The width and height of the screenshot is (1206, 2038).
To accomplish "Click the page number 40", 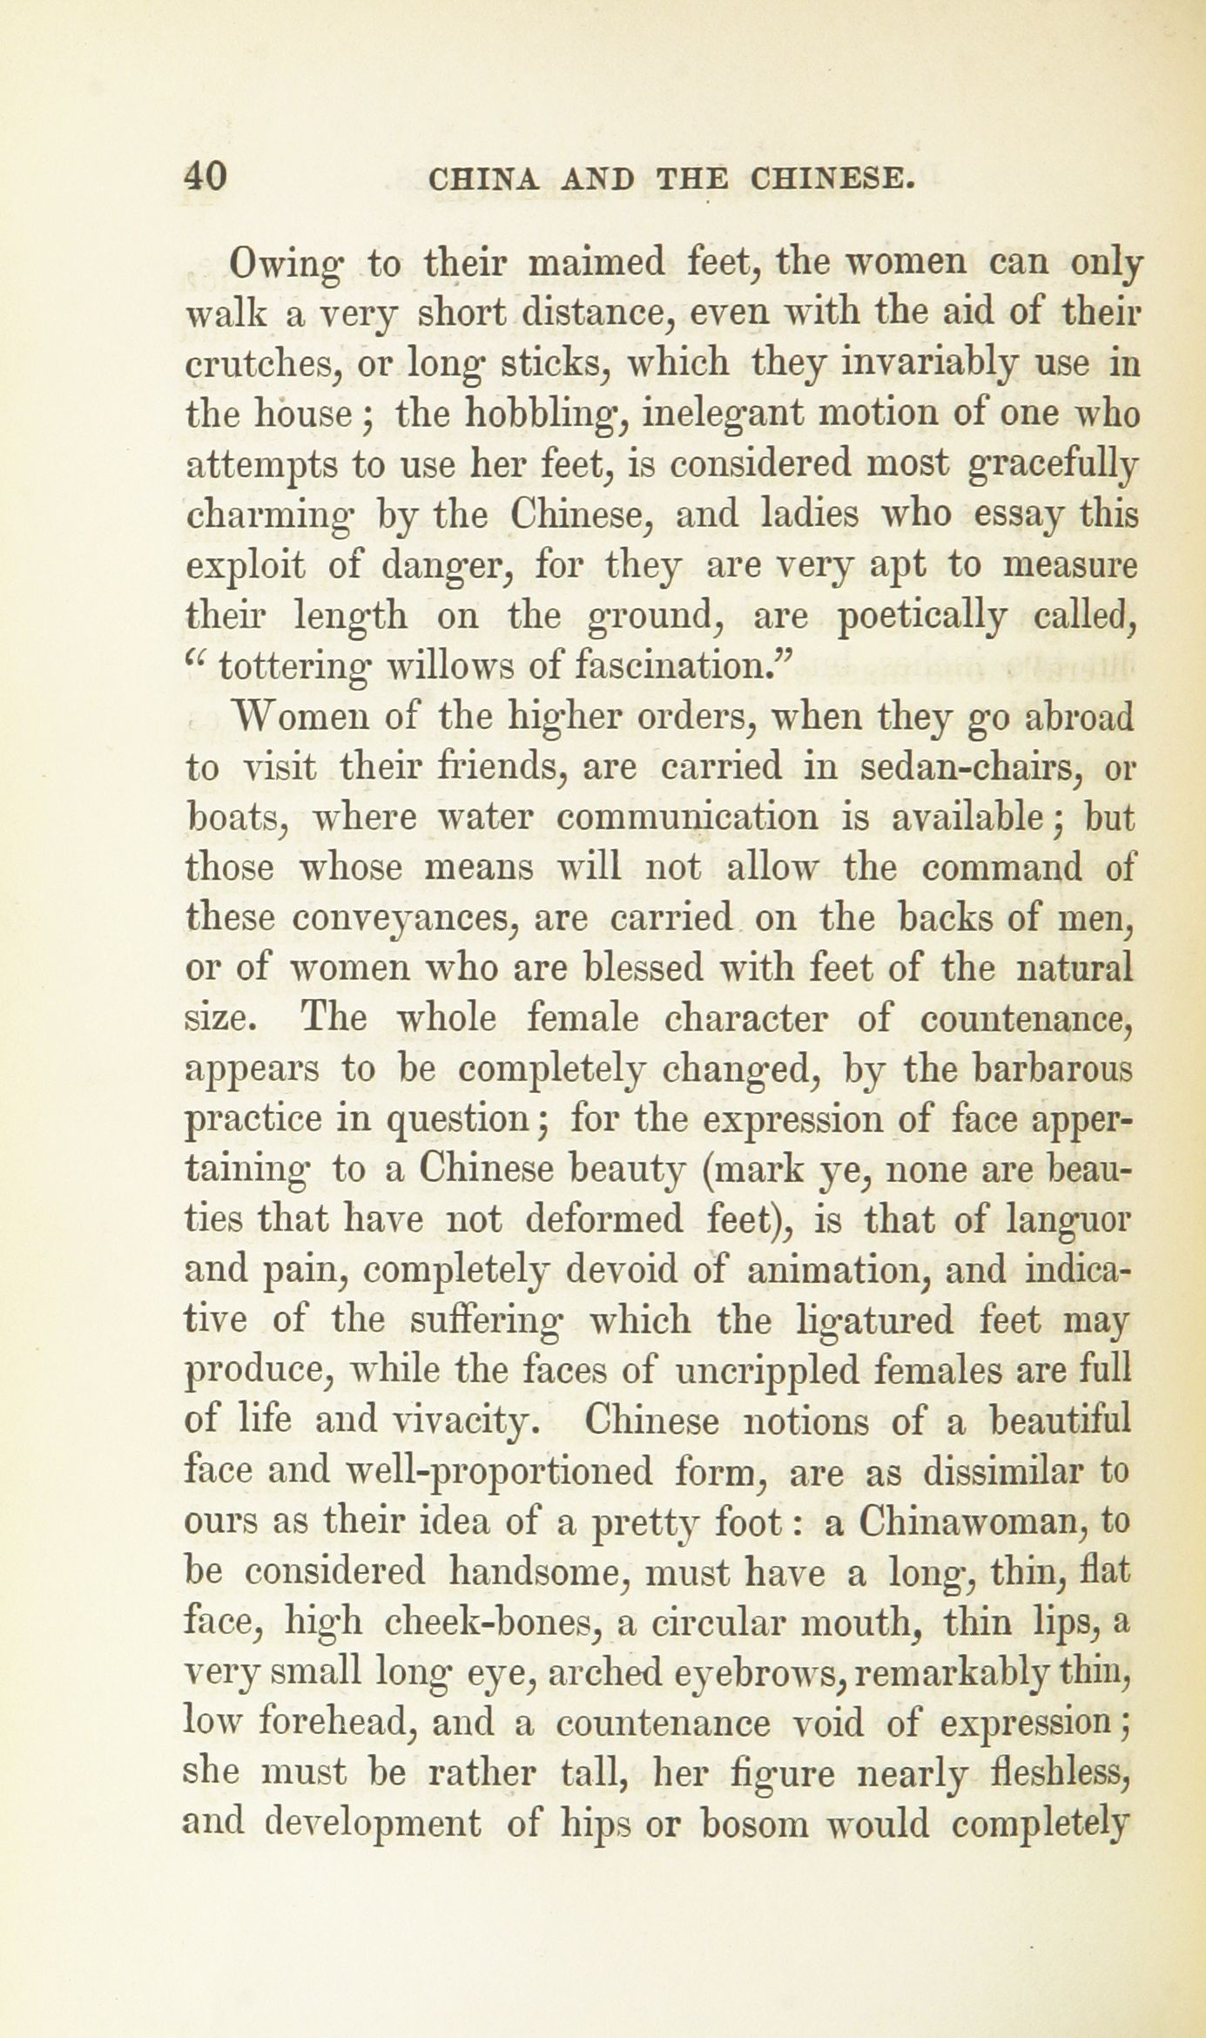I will (205, 177).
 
